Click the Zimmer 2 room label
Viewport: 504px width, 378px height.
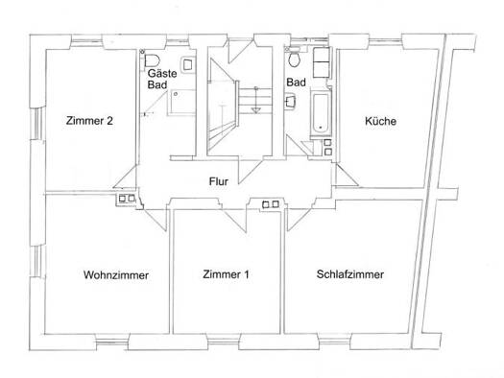pos(89,121)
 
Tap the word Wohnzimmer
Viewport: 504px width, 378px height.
pos(116,275)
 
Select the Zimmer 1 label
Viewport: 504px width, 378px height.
pos(226,274)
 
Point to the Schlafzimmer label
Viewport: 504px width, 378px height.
pos(350,274)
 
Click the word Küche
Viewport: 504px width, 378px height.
pos(380,121)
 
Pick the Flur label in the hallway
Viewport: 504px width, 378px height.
pos(219,181)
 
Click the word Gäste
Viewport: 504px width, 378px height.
pos(162,74)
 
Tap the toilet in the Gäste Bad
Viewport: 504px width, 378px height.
pos(152,59)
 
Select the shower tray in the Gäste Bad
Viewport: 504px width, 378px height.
pos(181,102)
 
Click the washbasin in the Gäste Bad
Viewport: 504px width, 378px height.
pos(188,65)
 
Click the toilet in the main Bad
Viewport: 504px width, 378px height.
pos(294,58)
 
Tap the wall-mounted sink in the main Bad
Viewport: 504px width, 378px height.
pos(290,102)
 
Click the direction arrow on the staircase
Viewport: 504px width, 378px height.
pos(256,100)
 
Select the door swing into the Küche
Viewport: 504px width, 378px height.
pos(347,175)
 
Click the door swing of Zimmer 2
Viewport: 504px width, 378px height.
pos(126,177)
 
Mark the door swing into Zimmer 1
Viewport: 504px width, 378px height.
pos(234,221)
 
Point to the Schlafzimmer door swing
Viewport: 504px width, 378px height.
pos(299,220)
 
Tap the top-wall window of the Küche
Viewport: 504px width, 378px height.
pos(385,40)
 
